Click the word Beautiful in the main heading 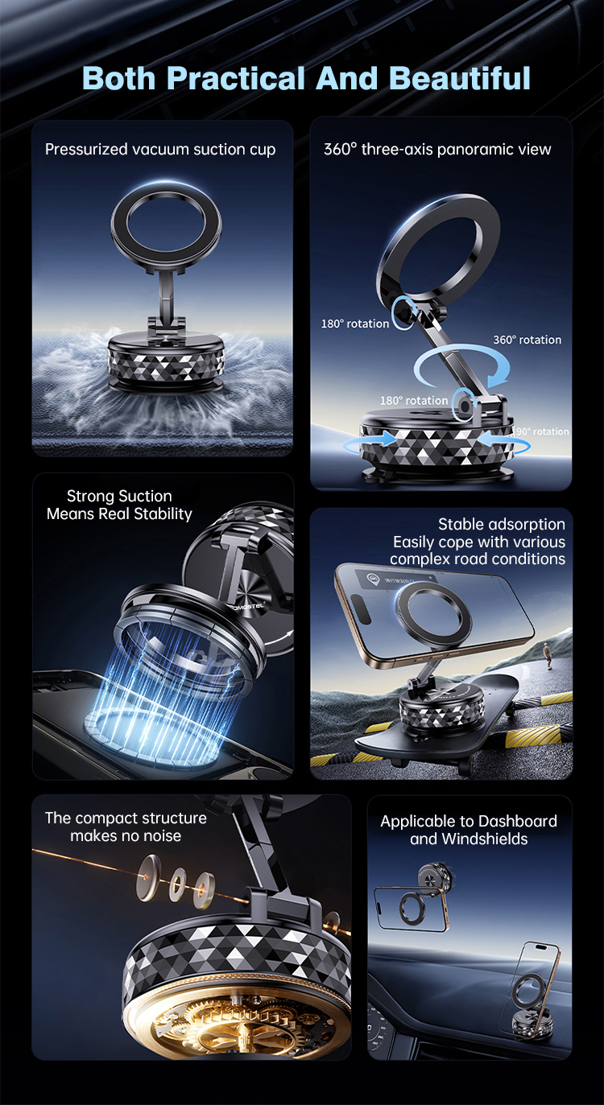460,79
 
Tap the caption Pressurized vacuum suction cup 160,149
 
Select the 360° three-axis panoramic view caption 437,149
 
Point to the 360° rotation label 527,340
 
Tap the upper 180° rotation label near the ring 355,324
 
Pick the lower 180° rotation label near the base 414,400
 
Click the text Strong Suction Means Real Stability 119,505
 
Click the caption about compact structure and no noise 126,827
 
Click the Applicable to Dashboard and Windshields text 469,830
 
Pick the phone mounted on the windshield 411,908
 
